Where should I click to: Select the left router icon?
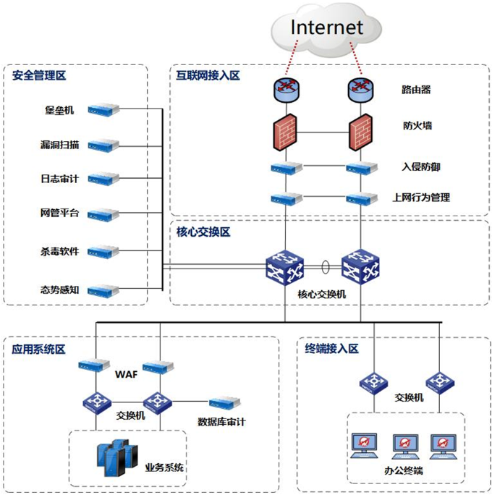[x=286, y=90]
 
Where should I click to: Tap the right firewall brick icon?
[x=360, y=131]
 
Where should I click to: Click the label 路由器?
[x=416, y=90]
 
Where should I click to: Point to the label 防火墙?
[x=417, y=126]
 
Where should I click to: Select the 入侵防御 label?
[x=420, y=167]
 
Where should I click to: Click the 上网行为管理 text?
[x=420, y=197]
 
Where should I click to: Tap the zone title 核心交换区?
[x=203, y=232]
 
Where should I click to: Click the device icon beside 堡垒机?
[x=103, y=110]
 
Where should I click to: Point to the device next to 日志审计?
[x=103, y=178]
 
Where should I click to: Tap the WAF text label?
[x=125, y=375]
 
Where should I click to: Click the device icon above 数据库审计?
[x=225, y=402]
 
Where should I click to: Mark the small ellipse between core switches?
[x=326, y=268]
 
